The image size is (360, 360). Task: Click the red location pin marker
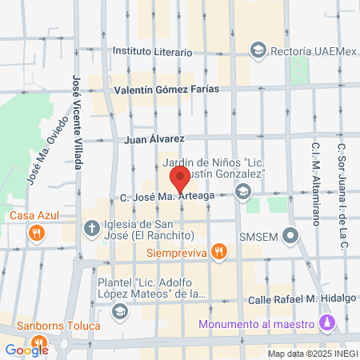pos(179,177)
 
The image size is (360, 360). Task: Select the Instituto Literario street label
pos(152,52)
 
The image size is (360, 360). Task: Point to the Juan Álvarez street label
pos(155,138)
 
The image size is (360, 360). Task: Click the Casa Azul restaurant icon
pos(35,233)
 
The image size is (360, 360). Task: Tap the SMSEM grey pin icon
pos(291,237)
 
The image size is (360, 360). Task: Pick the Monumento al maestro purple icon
pos(325,322)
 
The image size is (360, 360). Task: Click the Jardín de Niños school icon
pos(243,191)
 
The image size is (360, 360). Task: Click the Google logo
pos(26,350)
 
